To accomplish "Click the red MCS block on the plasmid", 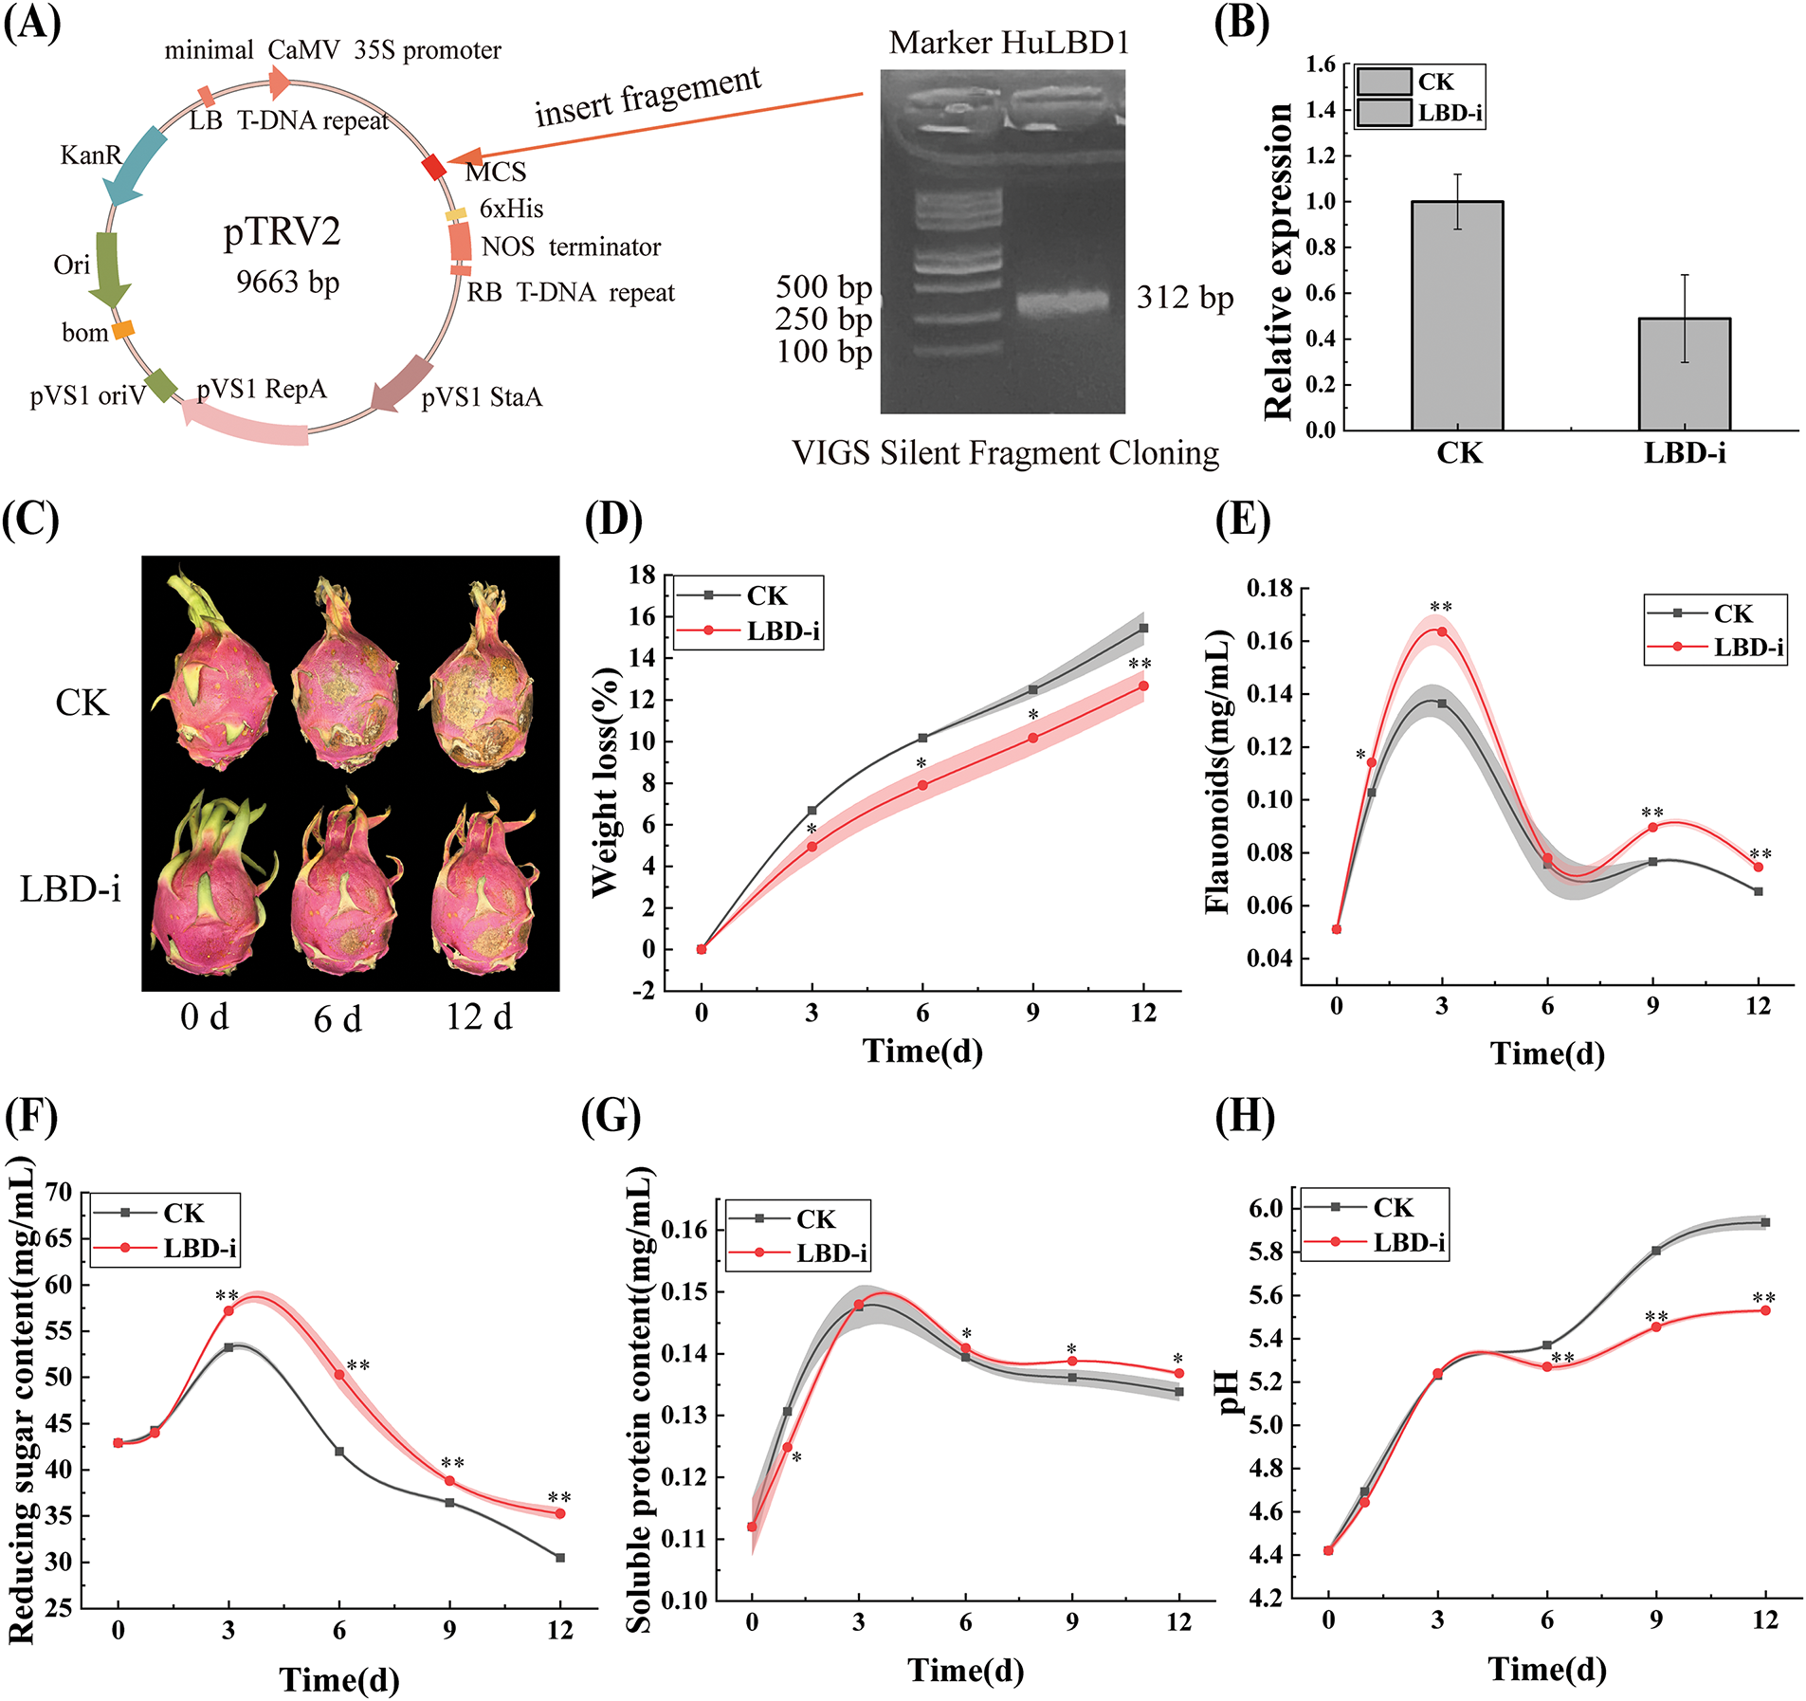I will pyautogui.click(x=433, y=167).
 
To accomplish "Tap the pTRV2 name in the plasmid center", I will pyautogui.click(x=282, y=231).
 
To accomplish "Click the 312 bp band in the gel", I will pyautogui.click(x=1063, y=302).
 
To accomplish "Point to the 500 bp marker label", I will pyautogui.click(x=823, y=286).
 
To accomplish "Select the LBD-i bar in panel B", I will pyautogui.click(x=1685, y=374).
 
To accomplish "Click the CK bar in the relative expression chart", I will pyautogui.click(x=1457, y=315).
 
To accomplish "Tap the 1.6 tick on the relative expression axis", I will pyautogui.click(x=1320, y=64).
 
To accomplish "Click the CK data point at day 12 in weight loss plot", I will pyautogui.click(x=1143, y=629).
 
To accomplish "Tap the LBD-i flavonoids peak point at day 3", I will pyautogui.click(x=1442, y=631).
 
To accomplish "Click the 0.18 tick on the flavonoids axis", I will pyautogui.click(x=1268, y=589).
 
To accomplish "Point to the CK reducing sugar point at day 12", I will pyautogui.click(x=560, y=1558).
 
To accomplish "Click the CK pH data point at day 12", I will pyautogui.click(x=1765, y=1223).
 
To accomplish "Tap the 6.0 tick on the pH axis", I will pyautogui.click(x=1267, y=1208).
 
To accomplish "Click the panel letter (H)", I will pyautogui.click(x=1244, y=1117).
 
